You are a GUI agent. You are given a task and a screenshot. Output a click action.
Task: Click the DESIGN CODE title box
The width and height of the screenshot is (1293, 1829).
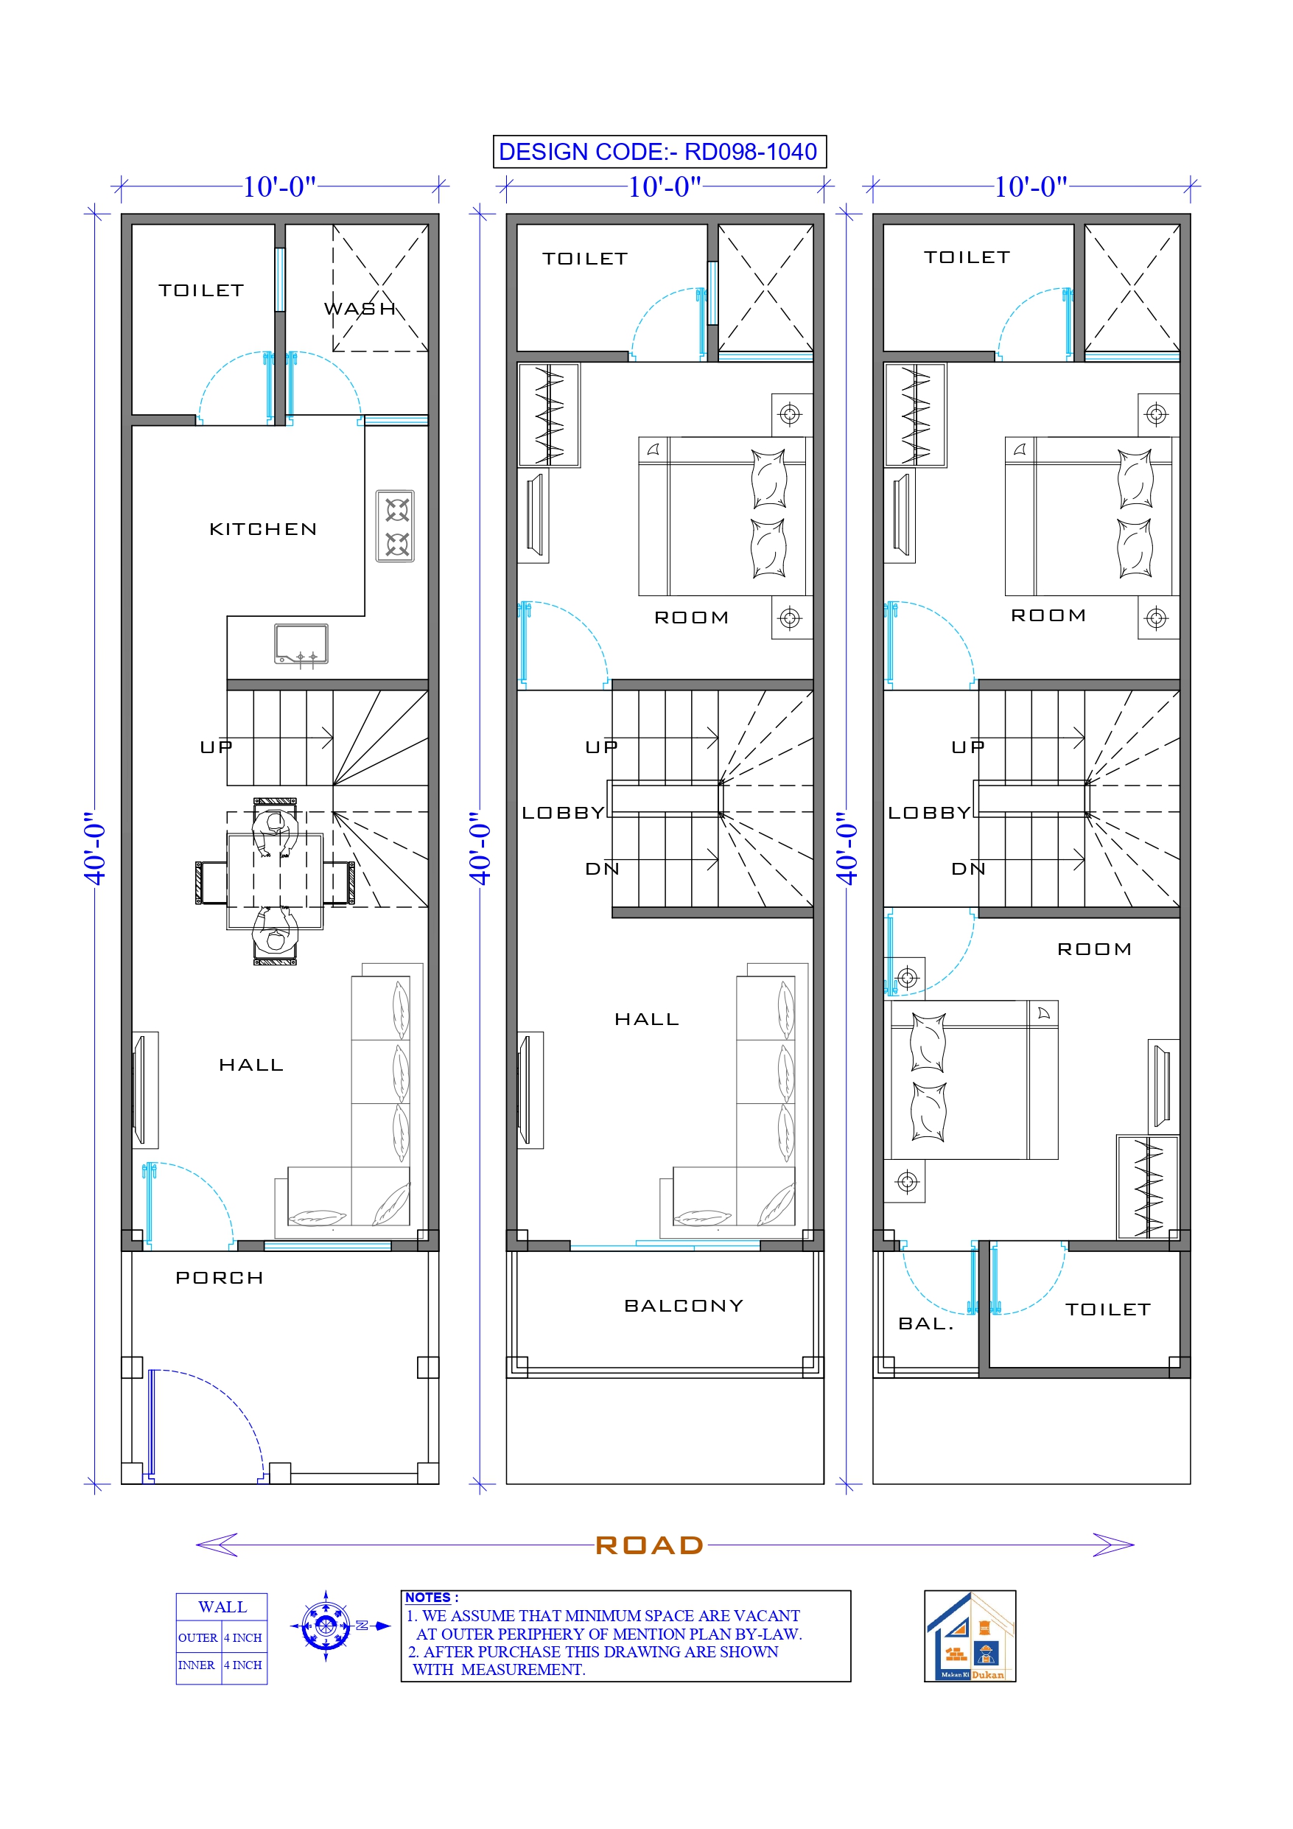click(x=659, y=151)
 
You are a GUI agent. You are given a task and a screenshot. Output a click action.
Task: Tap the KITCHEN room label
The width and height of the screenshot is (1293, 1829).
click(x=263, y=529)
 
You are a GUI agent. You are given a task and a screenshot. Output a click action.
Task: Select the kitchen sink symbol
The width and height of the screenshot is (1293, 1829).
click(x=301, y=643)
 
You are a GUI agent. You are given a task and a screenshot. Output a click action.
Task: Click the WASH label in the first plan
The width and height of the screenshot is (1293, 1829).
click(x=360, y=309)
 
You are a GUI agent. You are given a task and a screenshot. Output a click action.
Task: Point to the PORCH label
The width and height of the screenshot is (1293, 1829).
click(x=219, y=1278)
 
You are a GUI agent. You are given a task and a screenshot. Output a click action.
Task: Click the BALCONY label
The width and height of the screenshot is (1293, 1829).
click(x=684, y=1306)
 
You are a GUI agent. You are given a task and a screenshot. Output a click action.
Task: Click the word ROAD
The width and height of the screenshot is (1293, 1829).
click(x=649, y=1545)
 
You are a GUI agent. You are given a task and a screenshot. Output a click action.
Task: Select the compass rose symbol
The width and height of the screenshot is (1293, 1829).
click(x=326, y=1625)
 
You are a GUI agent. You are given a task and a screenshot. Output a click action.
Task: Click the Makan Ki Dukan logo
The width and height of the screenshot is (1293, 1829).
click(x=970, y=1635)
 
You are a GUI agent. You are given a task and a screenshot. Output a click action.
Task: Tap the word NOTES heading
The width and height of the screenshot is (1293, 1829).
click(x=428, y=1597)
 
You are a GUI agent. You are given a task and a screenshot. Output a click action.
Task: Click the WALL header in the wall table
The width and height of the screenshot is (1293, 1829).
click(x=222, y=1606)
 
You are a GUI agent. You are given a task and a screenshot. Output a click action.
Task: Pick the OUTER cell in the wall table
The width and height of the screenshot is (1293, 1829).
click(x=197, y=1638)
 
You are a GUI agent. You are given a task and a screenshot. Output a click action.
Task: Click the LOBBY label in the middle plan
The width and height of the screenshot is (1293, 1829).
click(x=562, y=813)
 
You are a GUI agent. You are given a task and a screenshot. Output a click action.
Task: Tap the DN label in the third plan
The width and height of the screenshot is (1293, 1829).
click(x=968, y=869)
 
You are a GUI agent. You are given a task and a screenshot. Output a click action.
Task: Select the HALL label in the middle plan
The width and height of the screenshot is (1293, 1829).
click(x=647, y=1019)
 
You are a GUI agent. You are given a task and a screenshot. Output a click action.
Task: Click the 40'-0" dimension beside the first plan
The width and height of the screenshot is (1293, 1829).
click(x=95, y=848)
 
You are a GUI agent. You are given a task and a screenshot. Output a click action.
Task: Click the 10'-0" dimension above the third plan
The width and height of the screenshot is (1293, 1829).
click(x=1030, y=186)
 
